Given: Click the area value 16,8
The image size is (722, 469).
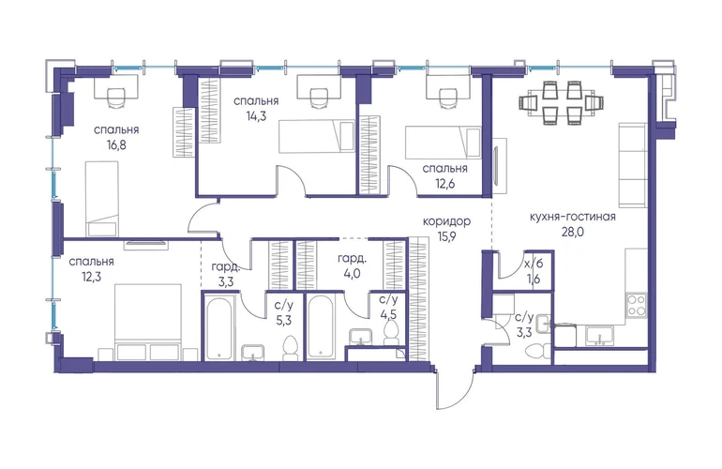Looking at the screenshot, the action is [x=116, y=145].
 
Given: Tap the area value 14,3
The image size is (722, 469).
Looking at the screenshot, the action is [x=256, y=116].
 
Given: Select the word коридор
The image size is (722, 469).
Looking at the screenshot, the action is [x=446, y=221].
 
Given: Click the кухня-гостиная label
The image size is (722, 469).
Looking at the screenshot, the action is [x=572, y=216].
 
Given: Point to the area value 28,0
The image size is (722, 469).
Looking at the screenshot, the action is [x=572, y=232].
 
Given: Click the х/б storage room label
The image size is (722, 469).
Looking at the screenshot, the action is [x=534, y=264].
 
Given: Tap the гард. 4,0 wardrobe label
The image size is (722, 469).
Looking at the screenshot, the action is [x=353, y=265].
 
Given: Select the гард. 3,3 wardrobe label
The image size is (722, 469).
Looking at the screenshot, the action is [x=226, y=274].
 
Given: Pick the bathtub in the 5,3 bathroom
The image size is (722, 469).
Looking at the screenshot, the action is [x=219, y=327].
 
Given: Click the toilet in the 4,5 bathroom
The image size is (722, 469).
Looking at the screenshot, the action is [x=391, y=333].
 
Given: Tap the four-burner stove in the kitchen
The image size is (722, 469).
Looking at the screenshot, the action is [x=637, y=305].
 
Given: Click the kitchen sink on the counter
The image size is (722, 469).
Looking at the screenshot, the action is [x=599, y=336].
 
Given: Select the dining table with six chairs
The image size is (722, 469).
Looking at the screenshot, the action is [x=561, y=103].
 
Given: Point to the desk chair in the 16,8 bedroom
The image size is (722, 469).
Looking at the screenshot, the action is [x=116, y=98].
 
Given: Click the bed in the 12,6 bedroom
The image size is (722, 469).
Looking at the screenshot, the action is [x=443, y=143].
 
